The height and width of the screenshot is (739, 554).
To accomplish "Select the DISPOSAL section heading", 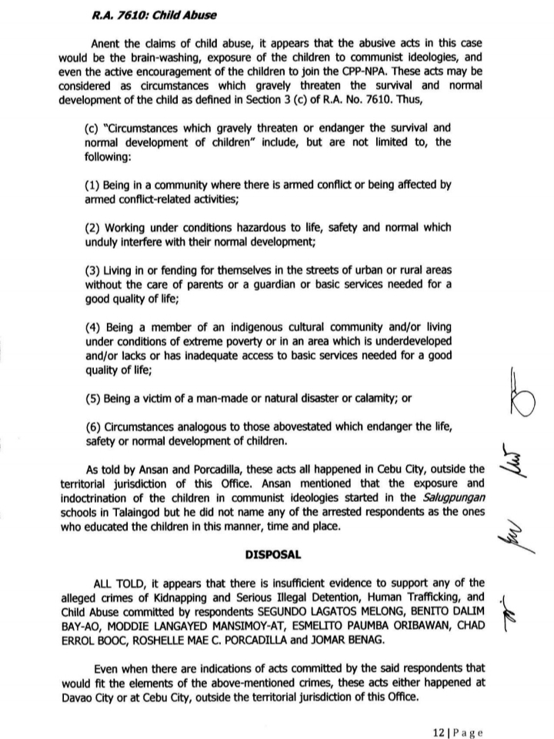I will (x=276, y=553).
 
